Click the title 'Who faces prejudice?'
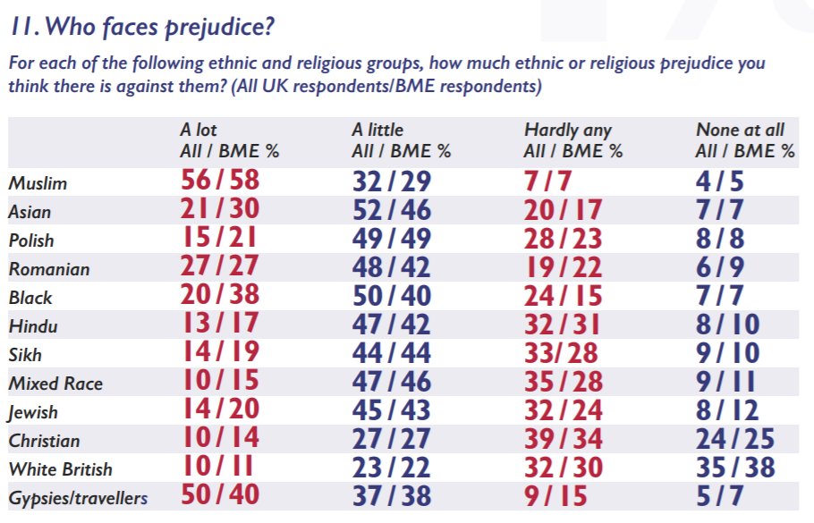pyautogui.click(x=140, y=28)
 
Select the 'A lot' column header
pyautogui.click(x=199, y=131)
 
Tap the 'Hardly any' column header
pyautogui.click(x=567, y=131)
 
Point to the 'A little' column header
pyautogui.click(x=377, y=131)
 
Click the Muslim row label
pyautogui.click(x=38, y=183)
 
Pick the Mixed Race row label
pyautogui.click(x=55, y=384)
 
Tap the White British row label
pyautogui.click(x=61, y=469)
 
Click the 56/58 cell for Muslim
pyautogui.click(x=219, y=181)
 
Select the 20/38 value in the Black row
pyautogui.click(x=219, y=296)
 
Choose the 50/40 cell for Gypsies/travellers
pyautogui.click(x=219, y=496)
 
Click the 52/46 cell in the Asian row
pyautogui.click(x=391, y=210)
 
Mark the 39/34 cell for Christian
pyautogui.click(x=564, y=439)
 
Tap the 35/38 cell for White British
pyautogui.click(x=734, y=468)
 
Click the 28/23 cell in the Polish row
pyautogui.click(x=564, y=239)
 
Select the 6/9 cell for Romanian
pyautogui.click(x=720, y=267)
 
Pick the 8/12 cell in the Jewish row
pyautogui.click(x=726, y=410)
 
